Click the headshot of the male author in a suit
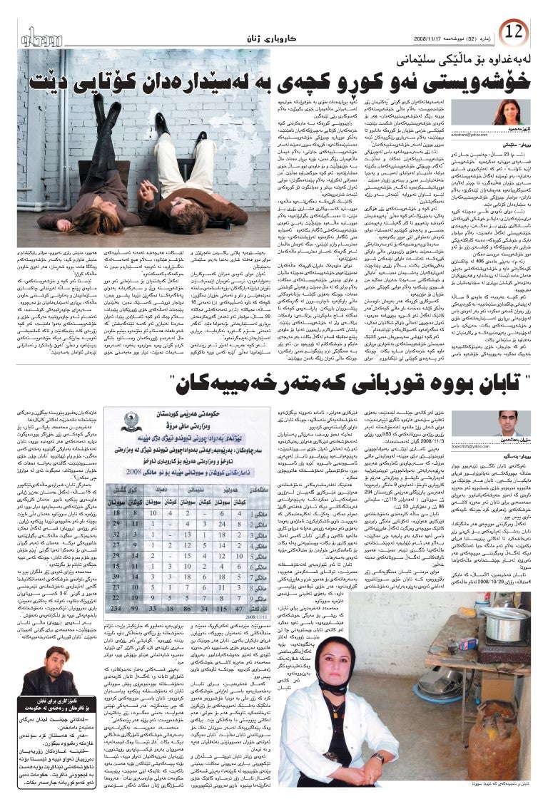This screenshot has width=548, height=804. click(509, 424)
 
